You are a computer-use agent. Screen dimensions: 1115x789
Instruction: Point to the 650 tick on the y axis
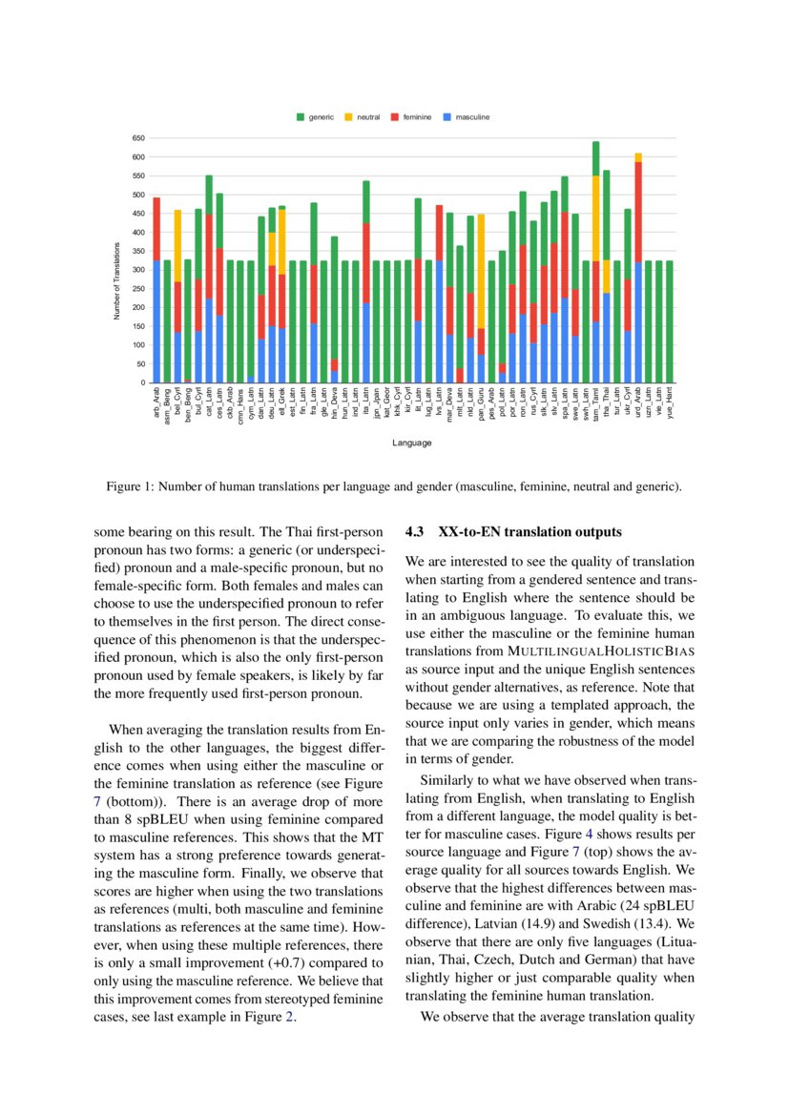138,138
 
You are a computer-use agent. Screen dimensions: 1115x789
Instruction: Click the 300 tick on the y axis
138,270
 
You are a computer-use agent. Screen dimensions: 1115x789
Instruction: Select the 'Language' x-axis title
411,443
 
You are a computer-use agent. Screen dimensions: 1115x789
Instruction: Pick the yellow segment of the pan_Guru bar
482,271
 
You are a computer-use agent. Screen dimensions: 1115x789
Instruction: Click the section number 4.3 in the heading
415,531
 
